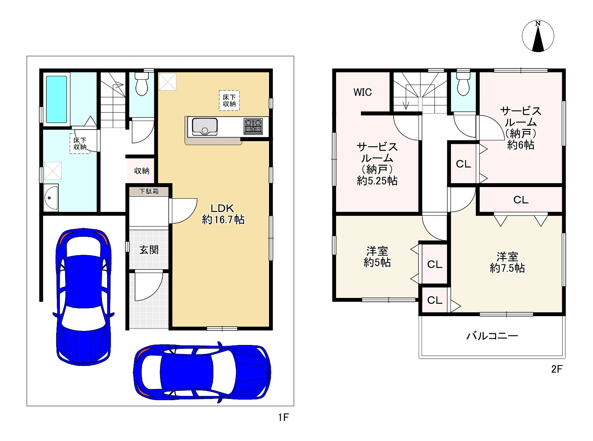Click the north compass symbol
click(538, 36)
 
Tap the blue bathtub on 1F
click(56, 100)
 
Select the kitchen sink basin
click(204, 127)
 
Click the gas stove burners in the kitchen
click(253, 126)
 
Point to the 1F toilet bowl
click(141, 84)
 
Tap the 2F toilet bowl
click(463, 84)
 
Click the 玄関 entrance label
click(149, 250)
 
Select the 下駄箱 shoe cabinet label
click(149, 191)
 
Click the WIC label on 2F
click(362, 92)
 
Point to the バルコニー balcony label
click(492, 336)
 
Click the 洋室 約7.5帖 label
click(507, 262)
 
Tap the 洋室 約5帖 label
click(377, 257)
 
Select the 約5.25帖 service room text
click(377, 181)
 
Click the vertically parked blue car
click(84, 296)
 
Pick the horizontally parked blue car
click(202, 372)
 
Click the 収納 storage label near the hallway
click(141, 171)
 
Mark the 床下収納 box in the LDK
click(229, 100)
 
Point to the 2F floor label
click(557, 369)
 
